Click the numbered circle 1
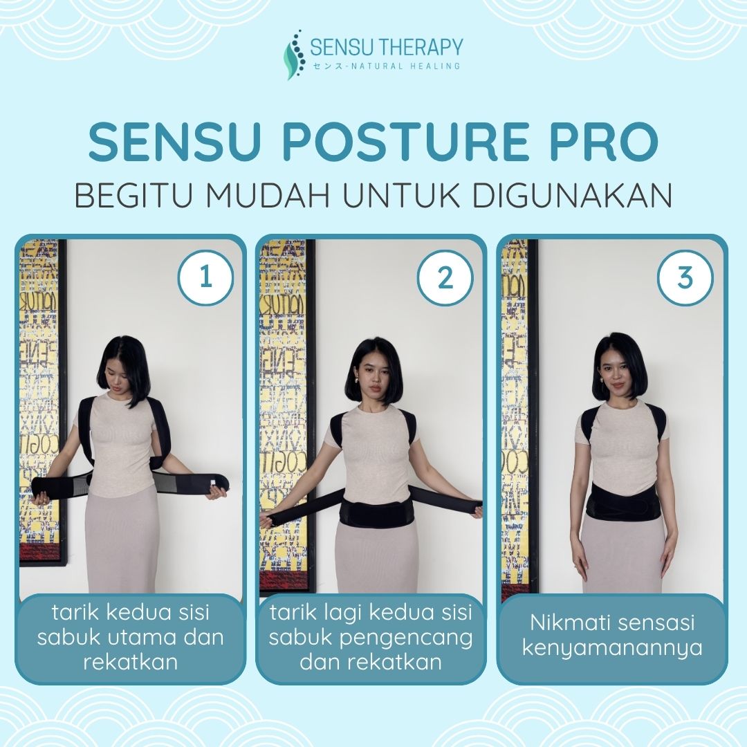coord(205,277)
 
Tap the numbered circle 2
coord(445,277)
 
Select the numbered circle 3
coord(685,277)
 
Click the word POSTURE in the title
coord(406,142)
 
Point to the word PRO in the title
coord(604,142)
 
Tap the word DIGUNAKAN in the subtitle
coord(572,194)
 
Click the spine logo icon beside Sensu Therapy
coord(295,54)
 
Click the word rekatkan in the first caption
coord(130,662)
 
